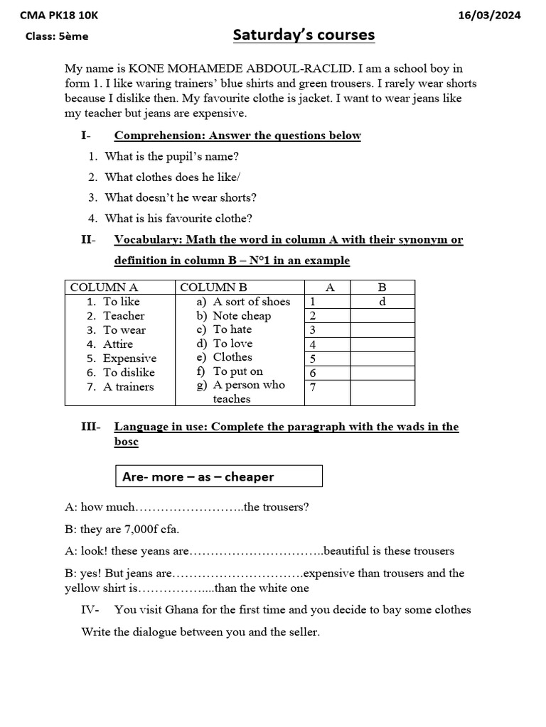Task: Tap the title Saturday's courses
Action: pos(304,35)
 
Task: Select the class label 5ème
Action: pos(75,36)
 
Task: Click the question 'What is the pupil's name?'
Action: pos(171,156)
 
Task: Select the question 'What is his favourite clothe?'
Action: pos(178,219)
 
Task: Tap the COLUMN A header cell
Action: pos(104,288)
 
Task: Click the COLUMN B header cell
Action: pos(214,288)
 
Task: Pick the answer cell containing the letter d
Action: pos(382,302)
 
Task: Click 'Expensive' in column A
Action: pos(129,359)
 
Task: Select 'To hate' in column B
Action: pos(232,329)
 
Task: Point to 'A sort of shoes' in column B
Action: pos(252,302)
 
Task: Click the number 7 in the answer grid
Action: pos(312,387)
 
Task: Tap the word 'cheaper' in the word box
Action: pos(249,477)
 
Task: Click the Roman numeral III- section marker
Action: pos(91,427)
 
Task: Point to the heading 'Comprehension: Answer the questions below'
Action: pos(237,136)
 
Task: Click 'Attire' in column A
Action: pos(118,344)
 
